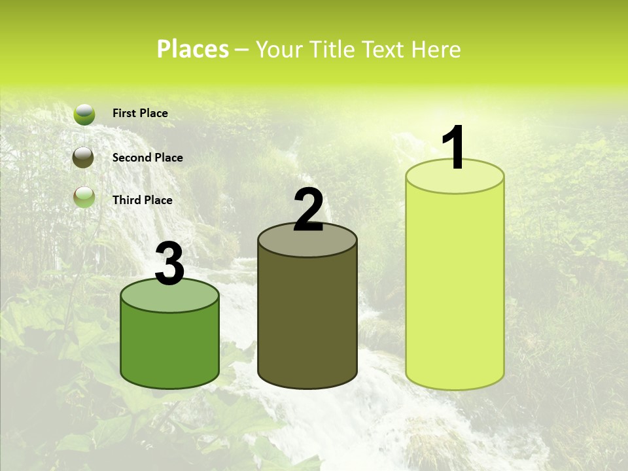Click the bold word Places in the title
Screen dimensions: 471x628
click(x=193, y=49)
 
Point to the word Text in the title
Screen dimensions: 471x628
click(x=383, y=49)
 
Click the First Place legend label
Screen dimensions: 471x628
click(x=140, y=113)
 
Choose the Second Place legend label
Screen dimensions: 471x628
click(x=147, y=158)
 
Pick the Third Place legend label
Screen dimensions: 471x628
click(x=143, y=200)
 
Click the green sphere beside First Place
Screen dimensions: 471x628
click(x=84, y=114)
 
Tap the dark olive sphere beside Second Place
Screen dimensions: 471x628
click(x=84, y=158)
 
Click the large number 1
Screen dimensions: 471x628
click(x=454, y=148)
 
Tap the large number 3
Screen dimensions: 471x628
click(x=170, y=264)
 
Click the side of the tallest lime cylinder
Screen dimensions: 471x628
click(x=455, y=288)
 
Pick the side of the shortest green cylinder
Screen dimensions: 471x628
click(x=170, y=350)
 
